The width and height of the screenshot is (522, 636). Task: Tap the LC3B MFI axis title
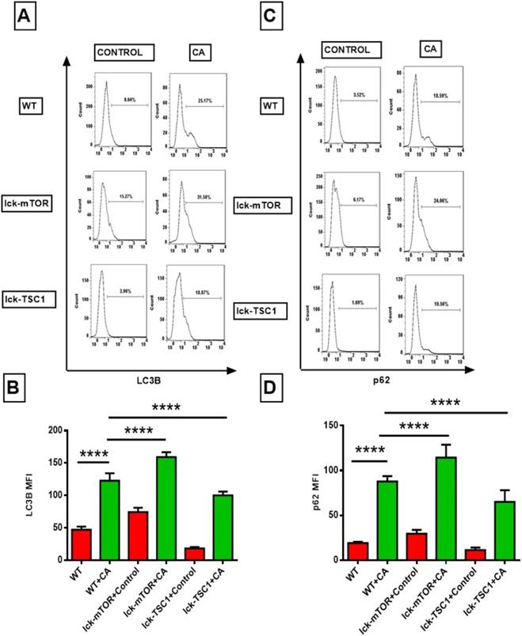click(31, 494)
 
